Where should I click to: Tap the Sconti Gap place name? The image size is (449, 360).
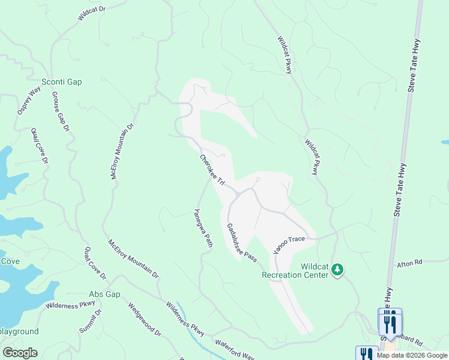[61, 82]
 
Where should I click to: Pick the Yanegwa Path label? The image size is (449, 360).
[203, 228]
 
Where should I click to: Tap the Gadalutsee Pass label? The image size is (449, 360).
[241, 242]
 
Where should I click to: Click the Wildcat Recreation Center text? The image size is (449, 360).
[295, 270]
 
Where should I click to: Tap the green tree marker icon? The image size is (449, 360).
[338, 270]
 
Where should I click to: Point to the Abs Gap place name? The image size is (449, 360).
[104, 294]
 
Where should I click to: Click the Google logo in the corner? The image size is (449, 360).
[20, 353]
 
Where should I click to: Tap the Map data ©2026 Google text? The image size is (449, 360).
[412, 355]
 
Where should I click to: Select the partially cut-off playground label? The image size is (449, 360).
[19, 331]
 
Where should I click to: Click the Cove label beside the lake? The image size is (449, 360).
[10, 261]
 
